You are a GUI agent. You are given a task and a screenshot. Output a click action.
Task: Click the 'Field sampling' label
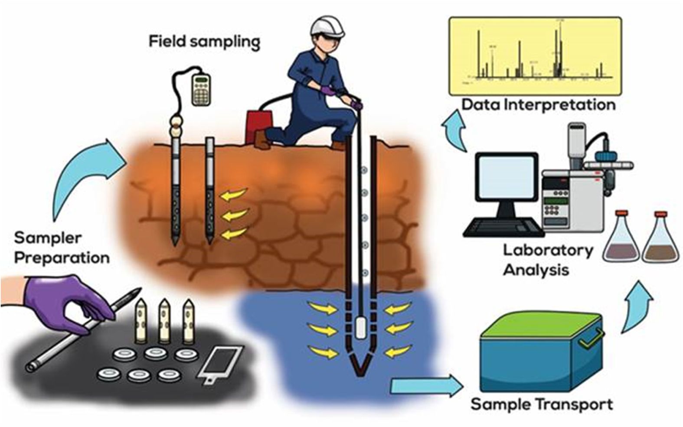(204, 42)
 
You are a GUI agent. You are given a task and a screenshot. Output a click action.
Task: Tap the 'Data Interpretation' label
(538, 105)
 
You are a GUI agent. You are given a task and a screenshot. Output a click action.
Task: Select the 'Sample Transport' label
(542, 404)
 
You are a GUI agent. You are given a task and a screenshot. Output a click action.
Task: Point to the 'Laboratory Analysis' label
(547, 260)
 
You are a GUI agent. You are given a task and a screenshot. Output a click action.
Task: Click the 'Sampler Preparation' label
(62, 248)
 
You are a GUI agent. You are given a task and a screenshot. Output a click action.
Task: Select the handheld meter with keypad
(201, 88)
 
